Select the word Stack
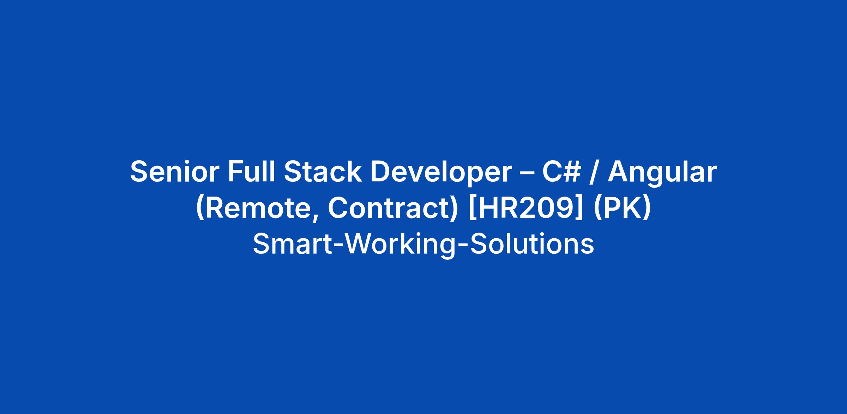323,172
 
